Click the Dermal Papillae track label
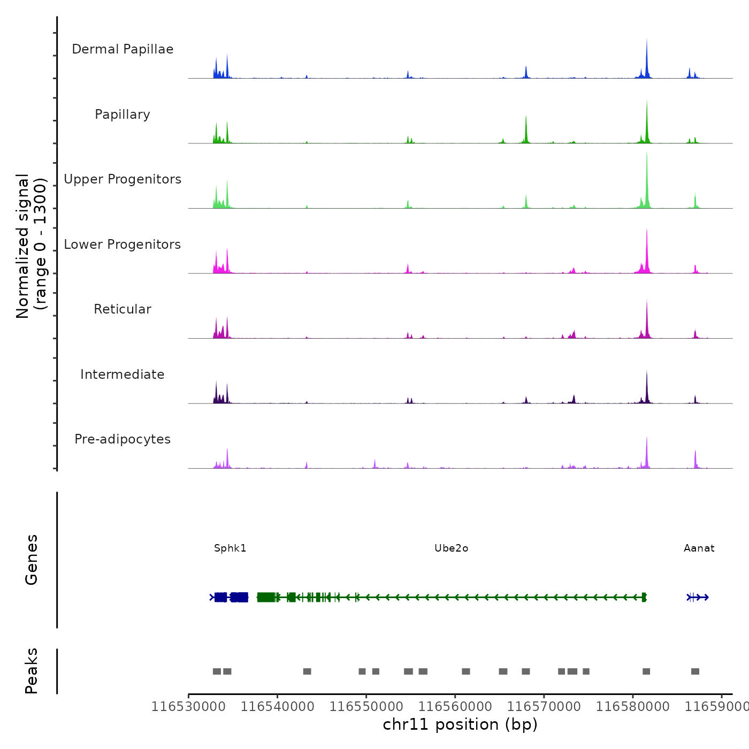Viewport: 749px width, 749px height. (123, 49)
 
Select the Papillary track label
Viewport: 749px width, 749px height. (123, 114)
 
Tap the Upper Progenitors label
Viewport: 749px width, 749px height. (123, 179)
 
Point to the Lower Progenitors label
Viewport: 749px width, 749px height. (123, 244)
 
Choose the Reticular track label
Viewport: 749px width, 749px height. (123, 309)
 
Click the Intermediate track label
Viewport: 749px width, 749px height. (123, 374)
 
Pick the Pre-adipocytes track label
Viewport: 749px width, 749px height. (123, 439)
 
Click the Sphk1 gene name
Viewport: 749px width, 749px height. (230, 548)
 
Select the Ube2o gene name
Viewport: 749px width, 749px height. (451, 548)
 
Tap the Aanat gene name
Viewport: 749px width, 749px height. (699, 548)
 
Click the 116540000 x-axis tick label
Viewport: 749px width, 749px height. (277, 707)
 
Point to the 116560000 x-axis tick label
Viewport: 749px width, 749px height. (455, 707)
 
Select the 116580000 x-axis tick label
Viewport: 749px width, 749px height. (632, 707)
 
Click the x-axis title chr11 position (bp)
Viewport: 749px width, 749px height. (460, 725)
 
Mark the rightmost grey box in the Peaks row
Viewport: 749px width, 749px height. (695, 671)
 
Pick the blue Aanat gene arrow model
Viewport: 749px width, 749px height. (698, 597)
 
